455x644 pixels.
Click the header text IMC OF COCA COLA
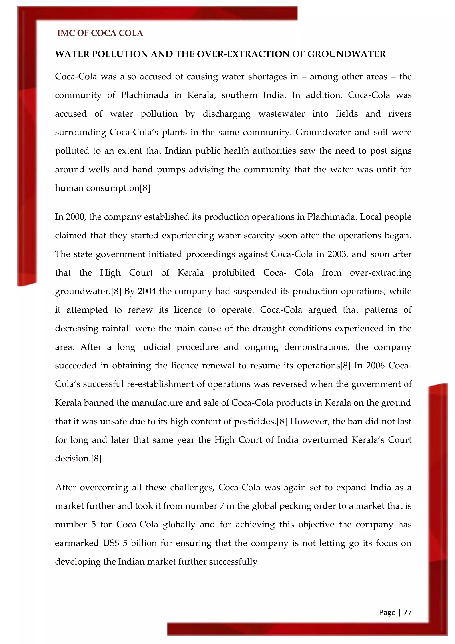(100, 33)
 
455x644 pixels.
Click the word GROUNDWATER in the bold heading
(347, 54)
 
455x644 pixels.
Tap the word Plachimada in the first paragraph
(144, 95)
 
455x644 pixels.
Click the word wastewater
(281, 114)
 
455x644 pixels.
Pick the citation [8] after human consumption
(145, 188)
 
